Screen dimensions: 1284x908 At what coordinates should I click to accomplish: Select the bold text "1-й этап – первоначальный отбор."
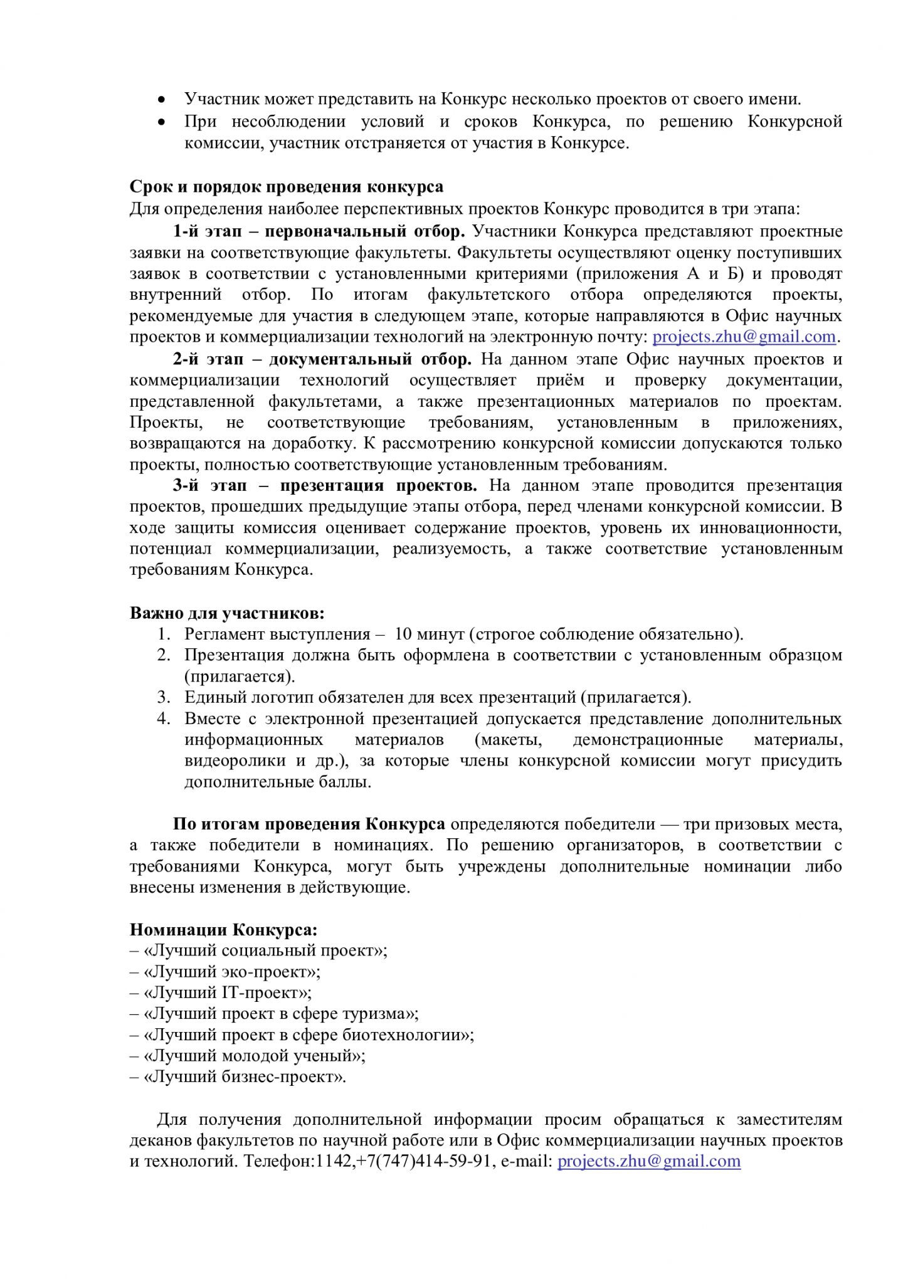click(319, 231)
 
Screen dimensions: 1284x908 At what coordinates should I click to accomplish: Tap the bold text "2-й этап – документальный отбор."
click(322, 359)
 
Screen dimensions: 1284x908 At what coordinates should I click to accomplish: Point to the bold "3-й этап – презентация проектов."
click(325, 485)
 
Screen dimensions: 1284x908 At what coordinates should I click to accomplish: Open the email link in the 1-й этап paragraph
click(744, 337)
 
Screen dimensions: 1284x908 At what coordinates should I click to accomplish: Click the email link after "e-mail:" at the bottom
click(649, 1161)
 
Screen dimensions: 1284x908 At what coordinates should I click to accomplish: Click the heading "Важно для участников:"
click(227, 613)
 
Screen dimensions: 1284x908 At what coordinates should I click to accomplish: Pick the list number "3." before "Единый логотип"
click(164, 697)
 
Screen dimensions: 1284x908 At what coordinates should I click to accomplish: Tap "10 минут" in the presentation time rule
click(429, 634)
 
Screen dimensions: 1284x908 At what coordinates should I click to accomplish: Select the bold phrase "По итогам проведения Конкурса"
click(309, 824)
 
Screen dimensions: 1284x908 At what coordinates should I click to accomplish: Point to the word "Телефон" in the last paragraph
click(277, 1161)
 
